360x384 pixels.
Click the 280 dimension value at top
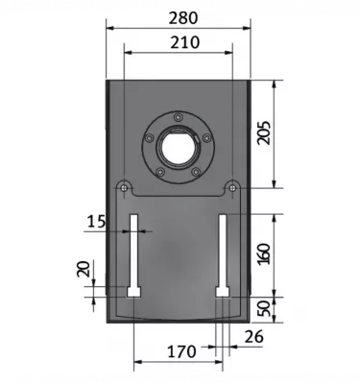(x=179, y=17)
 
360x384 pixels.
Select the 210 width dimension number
(x=179, y=42)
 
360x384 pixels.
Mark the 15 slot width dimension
(x=97, y=222)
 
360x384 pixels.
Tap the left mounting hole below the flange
(x=125, y=186)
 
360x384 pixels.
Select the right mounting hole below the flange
(x=230, y=186)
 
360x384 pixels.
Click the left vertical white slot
(x=133, y=254)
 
